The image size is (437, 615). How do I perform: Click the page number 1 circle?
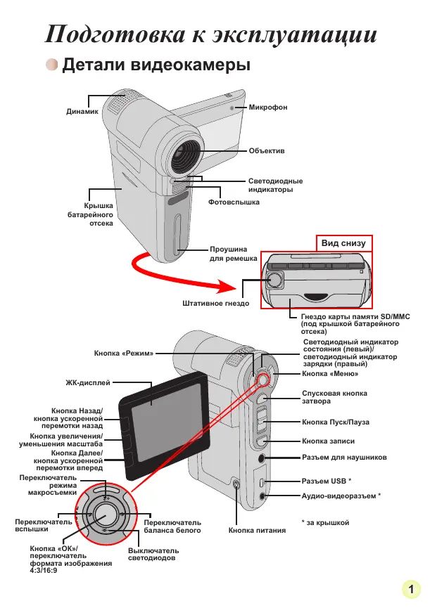pos(411,589)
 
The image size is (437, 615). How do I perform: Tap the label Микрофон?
pos(268,107)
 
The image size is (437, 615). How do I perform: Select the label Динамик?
pos(82,111)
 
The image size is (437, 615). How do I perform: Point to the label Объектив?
pos(267,150)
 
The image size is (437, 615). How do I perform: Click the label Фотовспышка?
pos(234,202)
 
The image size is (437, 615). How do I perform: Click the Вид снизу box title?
pos(343,243)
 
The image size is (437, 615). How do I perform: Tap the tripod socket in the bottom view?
pos(274,280)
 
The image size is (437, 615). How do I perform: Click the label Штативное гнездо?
pos(215,303)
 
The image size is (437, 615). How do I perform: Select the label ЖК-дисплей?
pos(88,383)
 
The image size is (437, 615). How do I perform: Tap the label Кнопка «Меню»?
pos(330,374)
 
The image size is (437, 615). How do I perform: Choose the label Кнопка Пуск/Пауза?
pos(336,422)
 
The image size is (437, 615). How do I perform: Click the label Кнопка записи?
pos(328,441)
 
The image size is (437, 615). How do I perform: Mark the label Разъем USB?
pos(324,481)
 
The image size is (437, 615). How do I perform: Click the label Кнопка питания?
pos(257,530)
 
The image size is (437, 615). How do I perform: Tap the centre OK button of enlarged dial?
pos(106,514)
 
